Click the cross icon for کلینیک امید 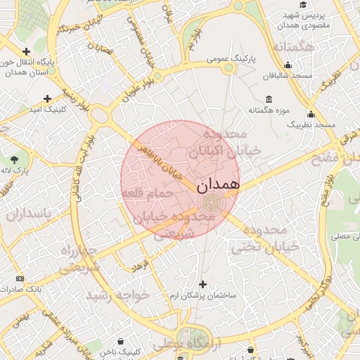point(47,99)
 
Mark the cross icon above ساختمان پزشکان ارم point(203,284)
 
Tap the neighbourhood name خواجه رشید point(118,295)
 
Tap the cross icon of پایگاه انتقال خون point(26,51)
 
